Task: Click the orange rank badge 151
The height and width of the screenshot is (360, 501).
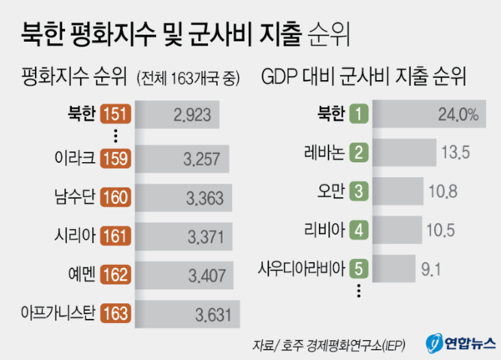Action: coord(115,114)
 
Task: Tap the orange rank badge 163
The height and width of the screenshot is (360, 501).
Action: coord(115,314)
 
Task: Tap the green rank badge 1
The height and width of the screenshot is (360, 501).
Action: coord(357,114)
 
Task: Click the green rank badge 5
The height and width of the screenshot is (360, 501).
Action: coord(357,269)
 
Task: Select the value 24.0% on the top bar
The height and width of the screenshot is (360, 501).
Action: coord(458,114)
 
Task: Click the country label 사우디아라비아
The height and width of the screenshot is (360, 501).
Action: coord(305,269)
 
